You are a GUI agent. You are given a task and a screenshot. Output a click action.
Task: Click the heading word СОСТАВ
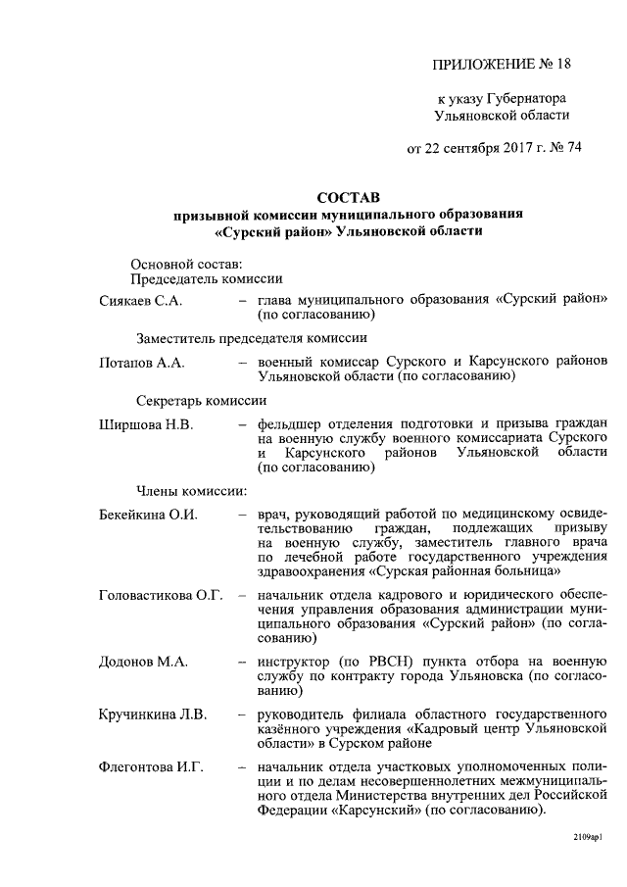point(349,198)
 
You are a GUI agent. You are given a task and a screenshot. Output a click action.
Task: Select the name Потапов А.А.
point(142,362)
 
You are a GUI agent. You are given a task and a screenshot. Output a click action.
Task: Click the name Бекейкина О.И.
point(149,515)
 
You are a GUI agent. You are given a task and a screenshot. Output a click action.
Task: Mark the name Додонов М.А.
point(143,662)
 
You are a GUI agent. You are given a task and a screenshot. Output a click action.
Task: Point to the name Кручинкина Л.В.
point(153,714)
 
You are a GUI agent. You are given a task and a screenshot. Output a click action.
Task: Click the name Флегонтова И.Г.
point(151,765)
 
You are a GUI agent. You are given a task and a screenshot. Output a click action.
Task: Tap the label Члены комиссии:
point(184,491)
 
